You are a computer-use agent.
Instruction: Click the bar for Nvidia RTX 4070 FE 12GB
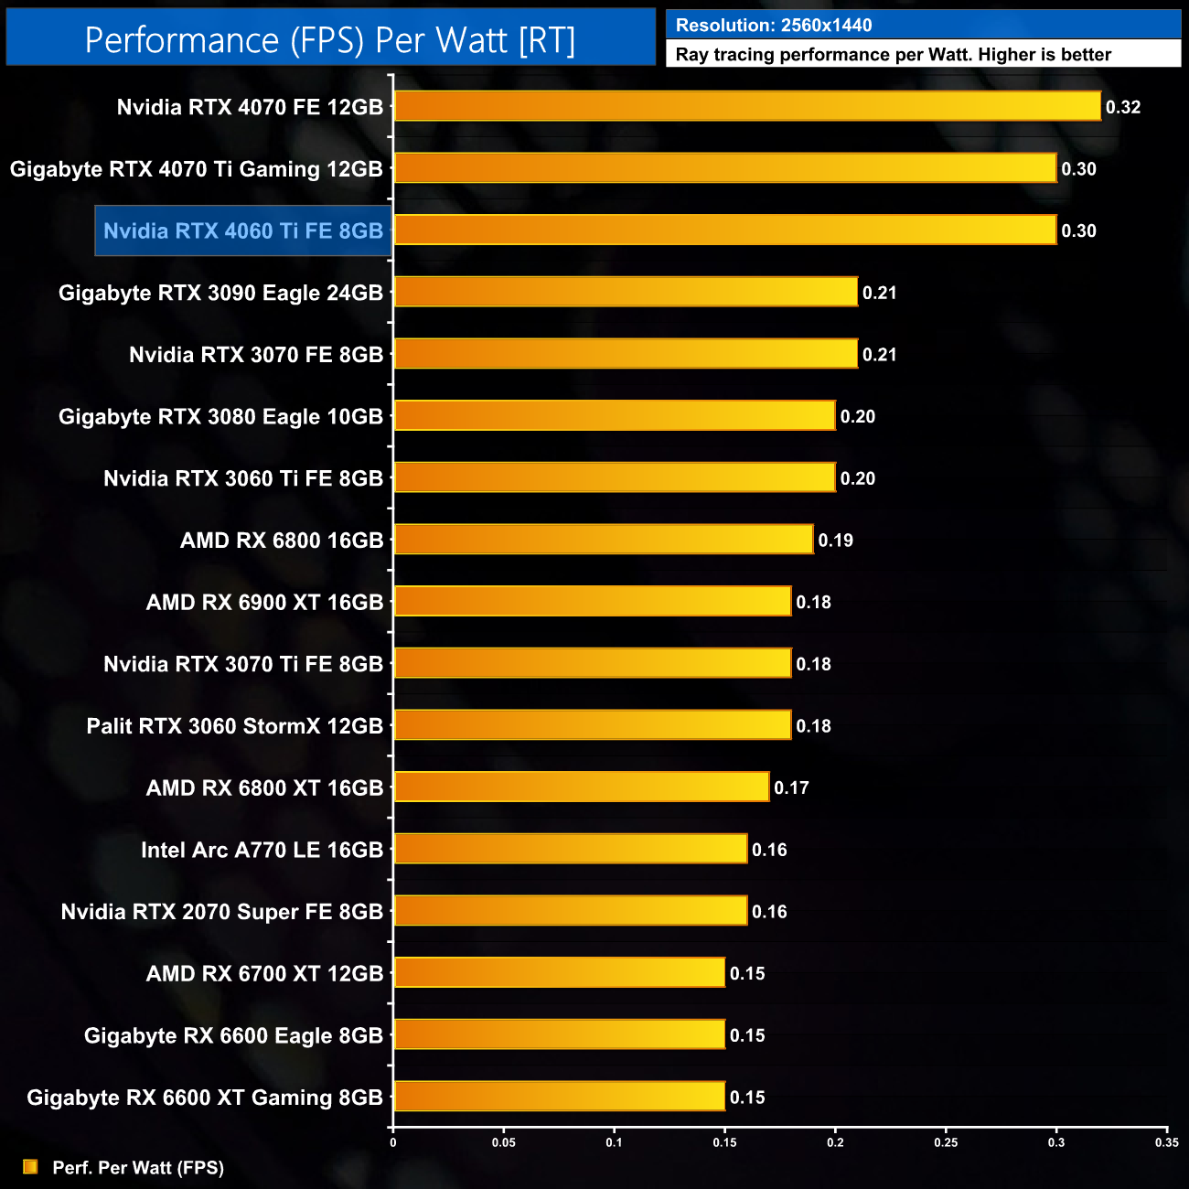747,106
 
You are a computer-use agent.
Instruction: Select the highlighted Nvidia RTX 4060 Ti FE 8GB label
243,230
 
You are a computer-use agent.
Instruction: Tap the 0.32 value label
1123,107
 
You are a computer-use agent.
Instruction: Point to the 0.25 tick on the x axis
946,1141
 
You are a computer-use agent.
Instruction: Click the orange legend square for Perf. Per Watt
30,1167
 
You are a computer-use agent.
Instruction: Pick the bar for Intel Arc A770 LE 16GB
570,849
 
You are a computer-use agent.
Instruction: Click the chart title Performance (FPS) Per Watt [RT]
330,40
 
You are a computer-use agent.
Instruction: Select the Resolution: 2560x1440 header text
774,26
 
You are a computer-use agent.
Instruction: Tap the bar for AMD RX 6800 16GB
603,540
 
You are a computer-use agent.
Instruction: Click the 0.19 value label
836,541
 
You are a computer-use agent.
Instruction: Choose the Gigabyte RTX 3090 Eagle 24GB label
220,293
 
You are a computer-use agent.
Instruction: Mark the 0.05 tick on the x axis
504,1141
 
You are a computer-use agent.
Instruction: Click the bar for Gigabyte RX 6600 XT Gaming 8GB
559,1096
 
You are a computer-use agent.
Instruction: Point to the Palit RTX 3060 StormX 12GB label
235,726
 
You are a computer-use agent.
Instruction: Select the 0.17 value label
791,787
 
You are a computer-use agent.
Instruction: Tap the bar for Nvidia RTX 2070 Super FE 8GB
570,911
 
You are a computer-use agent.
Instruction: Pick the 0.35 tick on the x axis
1166,1141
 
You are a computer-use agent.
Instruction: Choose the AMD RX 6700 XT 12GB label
265,973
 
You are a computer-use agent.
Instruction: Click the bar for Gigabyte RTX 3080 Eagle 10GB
614,416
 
